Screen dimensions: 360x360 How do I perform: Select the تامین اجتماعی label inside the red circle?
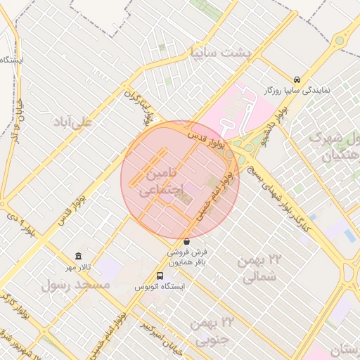click(162, 181)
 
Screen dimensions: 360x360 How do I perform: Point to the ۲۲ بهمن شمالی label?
click(258, 269)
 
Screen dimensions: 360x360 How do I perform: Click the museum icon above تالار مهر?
click(78, 255)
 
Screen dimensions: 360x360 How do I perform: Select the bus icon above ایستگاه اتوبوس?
click(160, 276)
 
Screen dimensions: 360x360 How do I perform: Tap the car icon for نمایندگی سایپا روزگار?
click(297, 79)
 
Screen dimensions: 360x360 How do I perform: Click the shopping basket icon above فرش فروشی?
click(186, 241)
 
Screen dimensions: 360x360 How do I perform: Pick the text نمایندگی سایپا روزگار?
click(307, 91)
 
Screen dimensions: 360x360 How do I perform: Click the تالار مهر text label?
click(80, 266)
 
